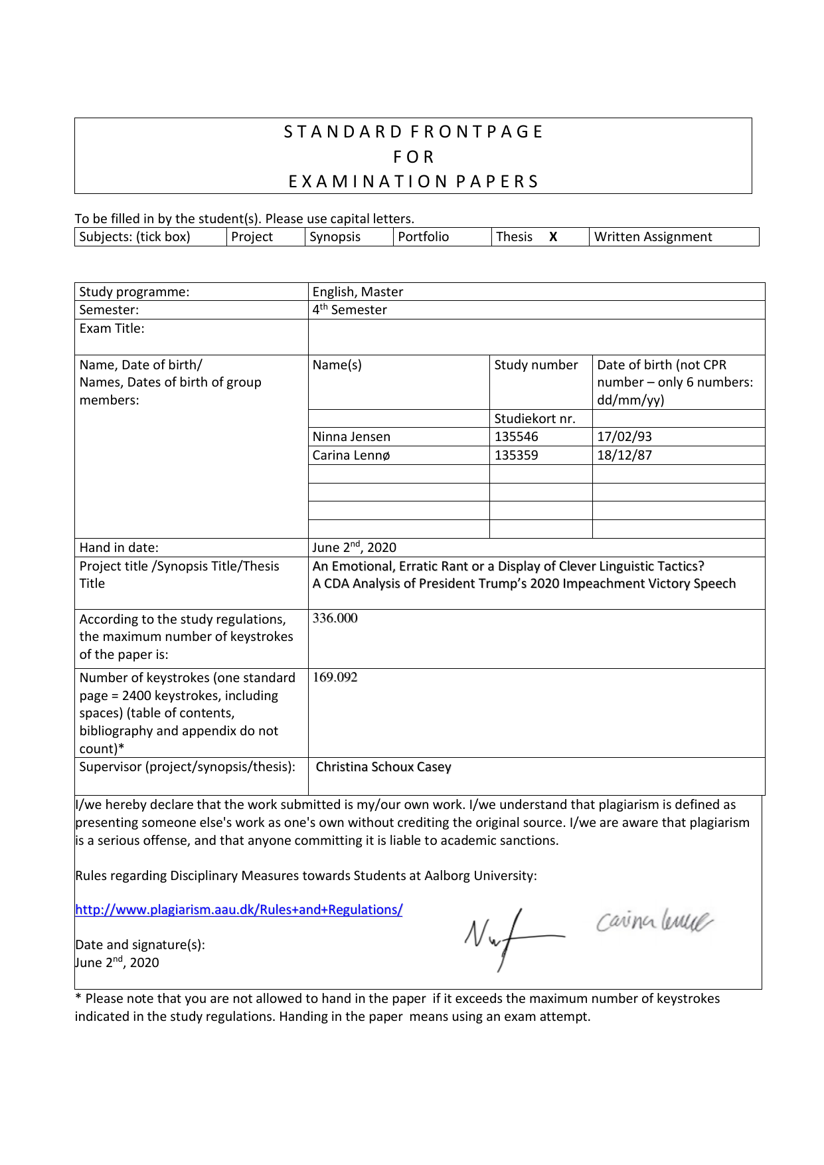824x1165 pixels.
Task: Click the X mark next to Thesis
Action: coord(552,237)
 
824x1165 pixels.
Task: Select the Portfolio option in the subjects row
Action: coord(423,237)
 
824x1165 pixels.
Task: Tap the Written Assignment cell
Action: coord(653,237)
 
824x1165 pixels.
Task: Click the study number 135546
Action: coord(516,437)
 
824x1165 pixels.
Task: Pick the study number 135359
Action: coord(516,456)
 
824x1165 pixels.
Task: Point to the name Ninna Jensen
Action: coord(351,437)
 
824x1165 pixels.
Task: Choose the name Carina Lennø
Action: coord(351,456)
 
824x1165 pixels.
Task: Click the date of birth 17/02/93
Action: coord(624,437)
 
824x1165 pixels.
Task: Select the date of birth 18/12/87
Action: coord(624,456)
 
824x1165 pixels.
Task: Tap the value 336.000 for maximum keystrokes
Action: coord(335,618)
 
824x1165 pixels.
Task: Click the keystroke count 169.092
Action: coord(335,677)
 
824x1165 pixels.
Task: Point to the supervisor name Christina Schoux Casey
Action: coord(383,767)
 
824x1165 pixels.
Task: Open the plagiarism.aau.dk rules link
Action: coord(238,910)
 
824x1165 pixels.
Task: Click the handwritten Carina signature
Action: coord(653,922)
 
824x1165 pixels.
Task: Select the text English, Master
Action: coord(357,292)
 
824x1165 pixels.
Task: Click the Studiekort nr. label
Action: coord(535,419)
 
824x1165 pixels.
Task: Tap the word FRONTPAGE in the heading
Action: coord(477,132)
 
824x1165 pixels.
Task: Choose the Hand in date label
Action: coord(119,548)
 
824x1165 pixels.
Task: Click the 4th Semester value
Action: coord(349,310)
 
